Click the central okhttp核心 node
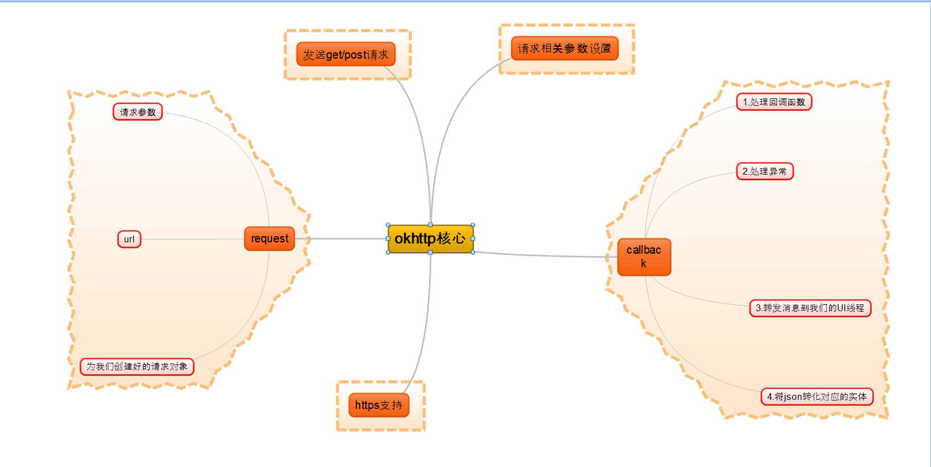pos(430,239)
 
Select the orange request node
pos(270,239)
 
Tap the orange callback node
pos(644,257)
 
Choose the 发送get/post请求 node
pos(345,55)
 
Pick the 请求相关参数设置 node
pos(565,49)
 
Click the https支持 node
pos(378,405)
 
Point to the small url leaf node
pos(129,239)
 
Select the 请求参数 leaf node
pos(138,112)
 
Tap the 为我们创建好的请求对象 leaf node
pos(137,367)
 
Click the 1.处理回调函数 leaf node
pos(774,102)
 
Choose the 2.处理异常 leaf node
pos(764,172)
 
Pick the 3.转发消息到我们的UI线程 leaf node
pos(810,308)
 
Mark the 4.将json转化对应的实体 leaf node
pos(817,396)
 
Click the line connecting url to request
pos(193,239)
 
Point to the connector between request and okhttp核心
pos(341,238)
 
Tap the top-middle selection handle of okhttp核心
pos(430,225)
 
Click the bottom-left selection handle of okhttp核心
pos(388,253)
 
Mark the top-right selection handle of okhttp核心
pos(473,225)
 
